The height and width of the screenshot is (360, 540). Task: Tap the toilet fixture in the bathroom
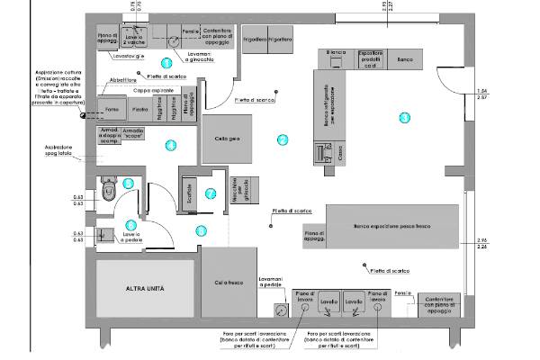click(108, 192)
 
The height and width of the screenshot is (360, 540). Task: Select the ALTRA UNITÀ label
click(145, 290)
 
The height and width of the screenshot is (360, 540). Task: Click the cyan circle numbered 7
click(209, 193)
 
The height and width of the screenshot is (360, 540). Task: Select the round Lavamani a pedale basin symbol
click(281, 309)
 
